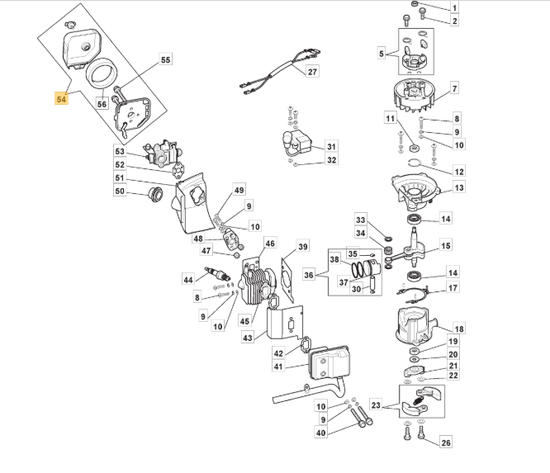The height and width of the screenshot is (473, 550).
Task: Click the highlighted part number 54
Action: pos(61,99)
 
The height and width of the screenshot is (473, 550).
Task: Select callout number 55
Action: pos(165,59)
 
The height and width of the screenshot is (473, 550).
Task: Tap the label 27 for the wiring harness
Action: pos(312,72)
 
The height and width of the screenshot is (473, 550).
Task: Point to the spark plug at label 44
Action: pos(216,273)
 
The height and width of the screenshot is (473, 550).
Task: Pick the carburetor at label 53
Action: pos(162,153)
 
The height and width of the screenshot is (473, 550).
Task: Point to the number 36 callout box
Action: pos(309,275)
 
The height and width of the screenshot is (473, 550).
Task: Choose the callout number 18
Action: pos(459,329)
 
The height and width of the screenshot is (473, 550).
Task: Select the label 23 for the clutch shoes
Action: pos(376,405)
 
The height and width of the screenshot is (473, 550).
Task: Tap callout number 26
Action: pos(445,442)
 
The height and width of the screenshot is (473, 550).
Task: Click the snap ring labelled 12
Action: pos(414,163)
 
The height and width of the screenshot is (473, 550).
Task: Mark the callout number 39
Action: pos(303,247)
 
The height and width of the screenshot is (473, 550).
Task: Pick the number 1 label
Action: pos(454,7)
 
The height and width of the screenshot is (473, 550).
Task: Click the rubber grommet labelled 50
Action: pos(155,195)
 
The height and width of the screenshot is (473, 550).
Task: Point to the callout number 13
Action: pos(459,188)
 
